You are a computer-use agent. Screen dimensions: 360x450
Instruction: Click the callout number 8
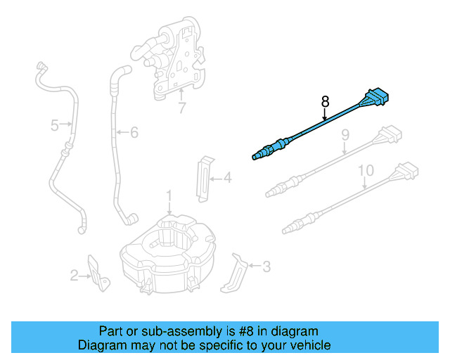(x=325, y=102)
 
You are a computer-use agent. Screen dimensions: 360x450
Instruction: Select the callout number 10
(x=366, y=171)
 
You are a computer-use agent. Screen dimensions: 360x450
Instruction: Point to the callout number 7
(x=181, y=108)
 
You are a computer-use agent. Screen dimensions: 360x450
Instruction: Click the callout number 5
(x=55, y=126)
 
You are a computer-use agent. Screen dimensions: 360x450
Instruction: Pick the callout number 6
(x=134, y=131)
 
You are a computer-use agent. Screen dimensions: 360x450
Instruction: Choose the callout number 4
(x=227, y=179)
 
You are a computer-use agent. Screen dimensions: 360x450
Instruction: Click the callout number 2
(x=75, y=276)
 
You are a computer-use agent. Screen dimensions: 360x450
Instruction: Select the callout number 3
(x=265, y=266)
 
